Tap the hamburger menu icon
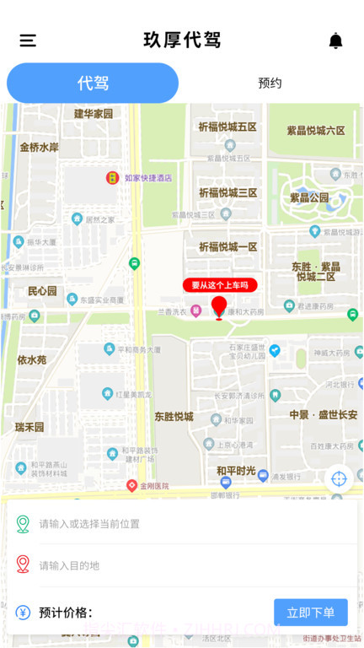(x=28, y=40)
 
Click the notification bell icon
(x=335, y=40)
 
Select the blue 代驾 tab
(x=93, y=83)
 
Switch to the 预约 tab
(x=270, y=83)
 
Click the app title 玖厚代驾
(x=182, y=40)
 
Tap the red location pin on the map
(x=219, y=307)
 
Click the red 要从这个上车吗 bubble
(x=219, y=285)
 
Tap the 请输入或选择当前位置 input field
(x=169, y=524)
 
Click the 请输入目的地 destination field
(x=169, y=565)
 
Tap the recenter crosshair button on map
(x=339, y=478)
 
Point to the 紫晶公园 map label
(x=309, y=197)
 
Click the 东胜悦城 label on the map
(x=174, y=417)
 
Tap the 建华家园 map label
(x=93, y=114)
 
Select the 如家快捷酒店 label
(x=147, y=178)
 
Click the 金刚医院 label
(x=153, y=486)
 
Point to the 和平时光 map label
(x=236, y=471)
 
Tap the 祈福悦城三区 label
(x=227, y=193)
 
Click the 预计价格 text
(x=66, y=613)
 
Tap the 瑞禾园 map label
(x=30, y=427)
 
